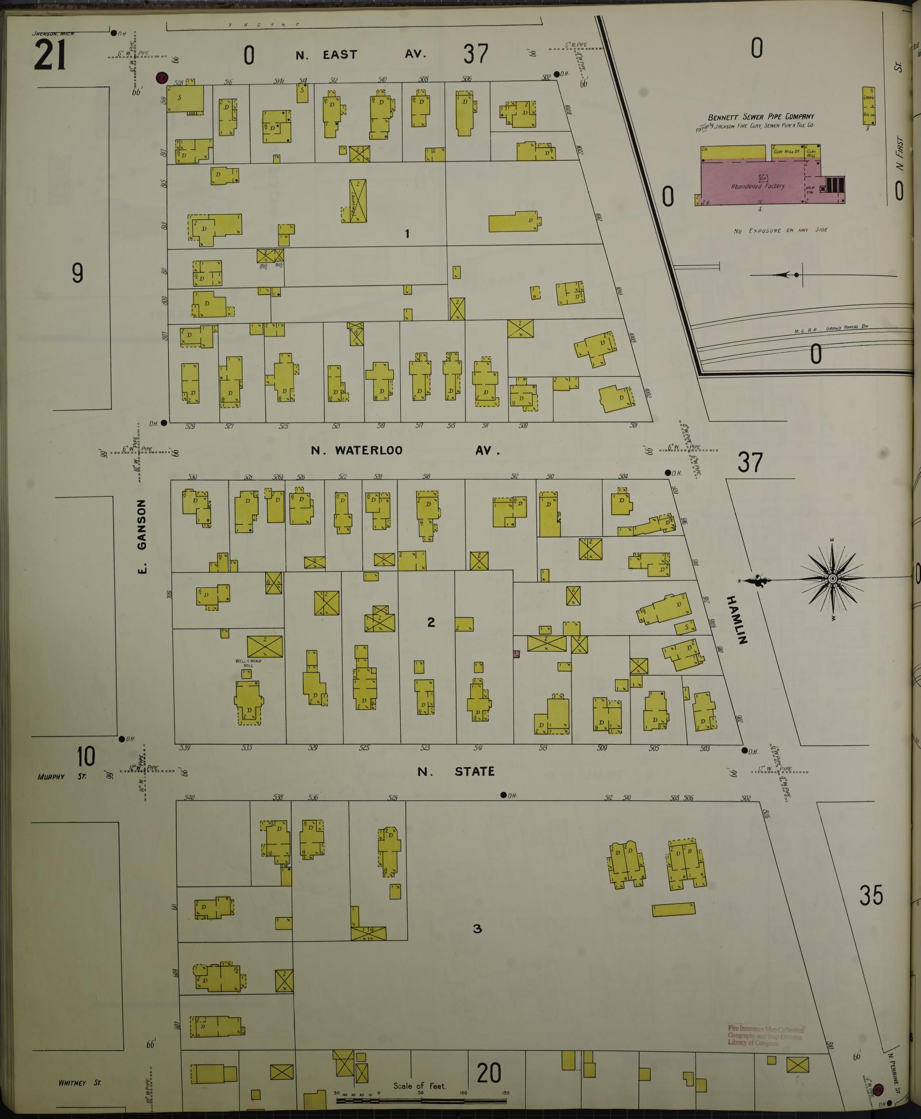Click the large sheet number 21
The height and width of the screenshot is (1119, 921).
pos(51,56)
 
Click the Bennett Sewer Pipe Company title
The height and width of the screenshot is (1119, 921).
pos(761,117)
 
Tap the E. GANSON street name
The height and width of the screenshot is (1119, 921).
pos(142,536)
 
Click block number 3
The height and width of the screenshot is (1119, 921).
pos(477,928)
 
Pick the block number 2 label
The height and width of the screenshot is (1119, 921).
pos(431,622)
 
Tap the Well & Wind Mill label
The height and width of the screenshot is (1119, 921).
pos(247,663)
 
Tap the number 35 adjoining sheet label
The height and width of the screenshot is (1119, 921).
pos(870,895)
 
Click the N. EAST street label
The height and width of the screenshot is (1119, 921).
pos(326,55)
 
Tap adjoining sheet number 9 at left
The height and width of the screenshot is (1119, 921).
pos(78,273)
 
